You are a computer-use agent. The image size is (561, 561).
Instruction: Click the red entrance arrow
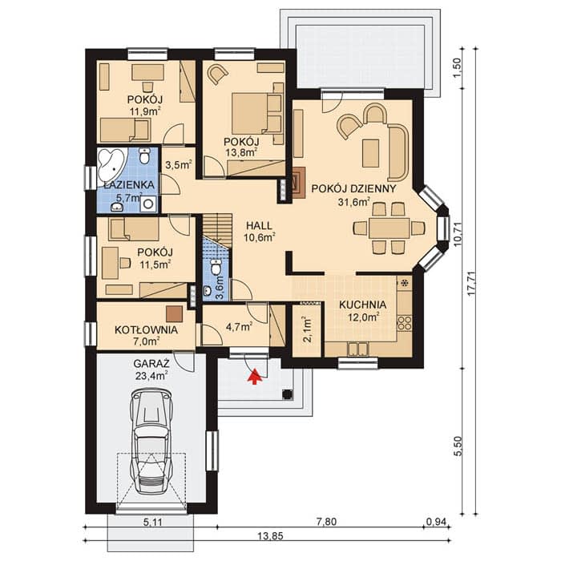[x=254, y=377]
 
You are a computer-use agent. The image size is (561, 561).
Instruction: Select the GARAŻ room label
[x=151, y=364]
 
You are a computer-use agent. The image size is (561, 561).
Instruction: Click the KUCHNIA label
[x=363, y=305]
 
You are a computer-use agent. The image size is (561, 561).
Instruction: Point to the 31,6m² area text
[x=354, y=202]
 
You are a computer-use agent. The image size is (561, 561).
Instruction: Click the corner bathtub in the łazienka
[x=111, y=166]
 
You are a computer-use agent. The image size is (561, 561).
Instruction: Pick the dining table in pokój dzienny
[x=389, y=228]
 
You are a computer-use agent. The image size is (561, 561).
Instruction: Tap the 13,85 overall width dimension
[x=270, y=535]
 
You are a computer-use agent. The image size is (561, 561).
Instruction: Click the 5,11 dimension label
[x=153, y=522]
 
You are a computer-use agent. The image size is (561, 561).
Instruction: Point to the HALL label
[x=259, y=226]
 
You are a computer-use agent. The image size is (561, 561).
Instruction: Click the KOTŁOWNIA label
[x=147, y=330]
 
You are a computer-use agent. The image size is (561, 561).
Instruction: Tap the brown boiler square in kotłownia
[x=174, y=314]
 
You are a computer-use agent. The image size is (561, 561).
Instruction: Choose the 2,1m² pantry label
[x=308, y=329]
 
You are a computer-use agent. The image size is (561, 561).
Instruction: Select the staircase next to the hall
[x=217, y=230]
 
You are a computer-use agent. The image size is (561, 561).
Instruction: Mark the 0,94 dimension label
[x=437, y=522]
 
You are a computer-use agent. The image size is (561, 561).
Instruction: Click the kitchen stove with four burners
[x=404, y=323]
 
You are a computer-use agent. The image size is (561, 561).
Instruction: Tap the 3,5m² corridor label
[x=179, y=165]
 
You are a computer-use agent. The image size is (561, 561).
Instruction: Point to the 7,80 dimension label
[x=327, y=522]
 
